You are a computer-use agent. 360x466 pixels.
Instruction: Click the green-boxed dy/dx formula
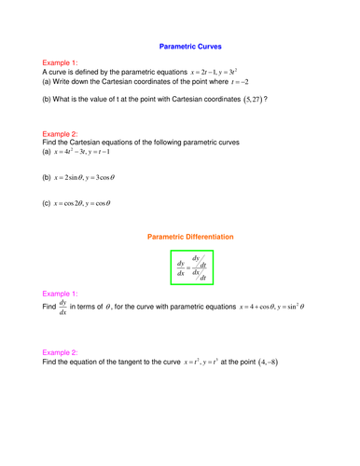(x=191, y=266)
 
